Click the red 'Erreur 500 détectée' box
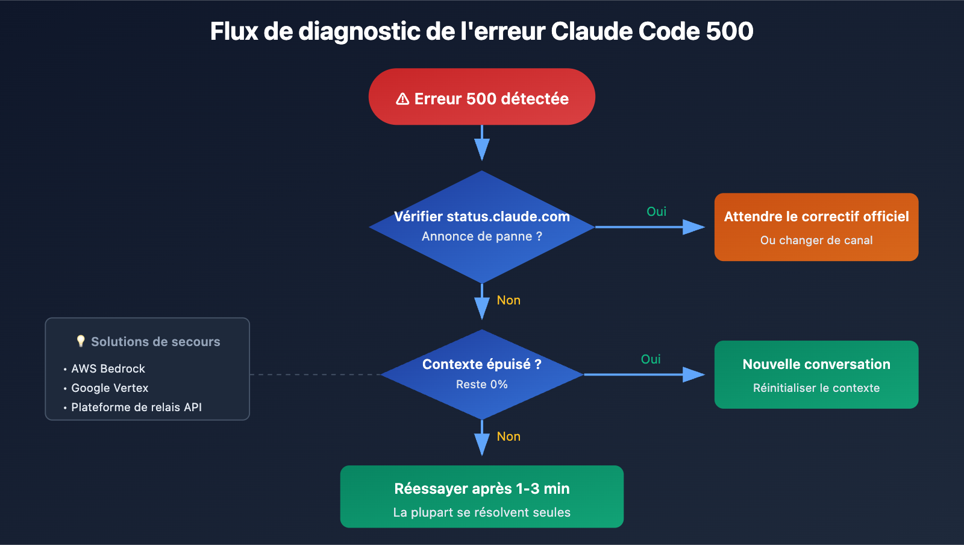482,96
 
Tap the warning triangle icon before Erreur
402,99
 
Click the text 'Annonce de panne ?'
482,236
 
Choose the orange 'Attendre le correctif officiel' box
816,227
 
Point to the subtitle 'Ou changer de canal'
816,241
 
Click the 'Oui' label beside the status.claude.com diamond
656,212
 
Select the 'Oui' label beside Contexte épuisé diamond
651,359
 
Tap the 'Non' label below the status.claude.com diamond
509,300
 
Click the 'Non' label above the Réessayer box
509,436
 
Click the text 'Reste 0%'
482,385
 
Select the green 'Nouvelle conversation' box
816,374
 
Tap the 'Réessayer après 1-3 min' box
482,496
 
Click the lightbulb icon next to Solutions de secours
81,341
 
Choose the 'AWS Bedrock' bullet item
108,368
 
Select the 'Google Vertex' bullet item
110,388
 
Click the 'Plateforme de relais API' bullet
137,407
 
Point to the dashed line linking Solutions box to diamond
313,374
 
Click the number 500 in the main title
730,31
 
